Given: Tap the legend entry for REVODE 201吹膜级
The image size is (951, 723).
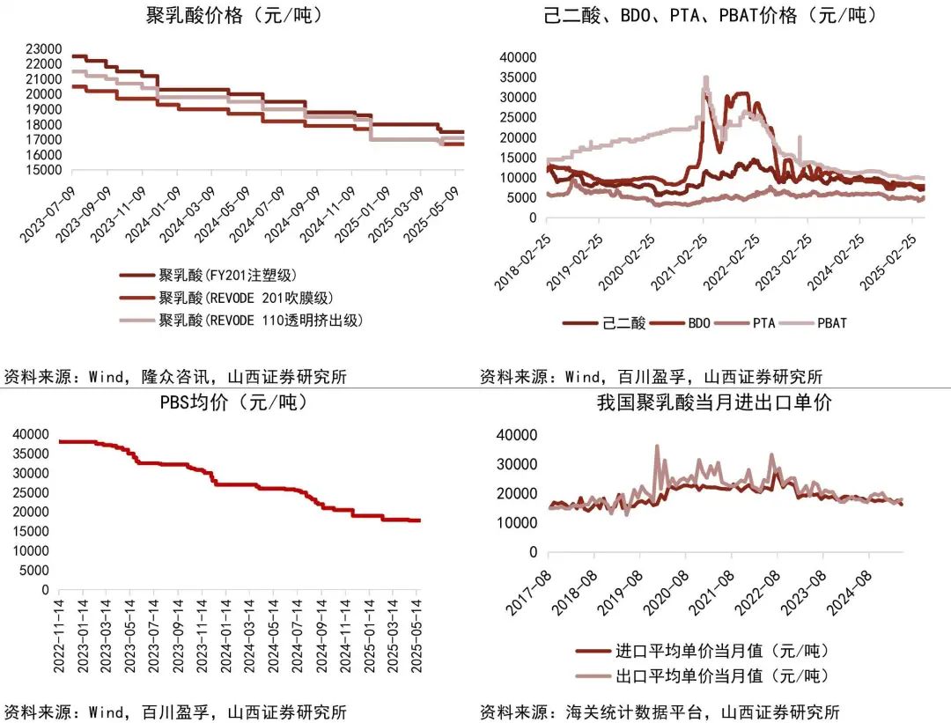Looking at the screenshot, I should tap(247, 298).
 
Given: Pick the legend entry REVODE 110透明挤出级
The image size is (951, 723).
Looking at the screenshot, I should tap(261, 320).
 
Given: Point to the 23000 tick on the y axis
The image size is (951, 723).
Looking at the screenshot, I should tap(43, 48).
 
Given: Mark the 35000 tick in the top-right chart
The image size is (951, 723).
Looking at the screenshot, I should tap(515, 77).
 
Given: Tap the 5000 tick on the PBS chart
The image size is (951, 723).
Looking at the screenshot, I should tap(34, 570).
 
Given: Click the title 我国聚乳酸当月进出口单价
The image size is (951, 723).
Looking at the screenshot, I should tap(714, 403).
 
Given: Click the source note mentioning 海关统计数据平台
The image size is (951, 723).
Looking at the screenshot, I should tap(660, 712).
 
